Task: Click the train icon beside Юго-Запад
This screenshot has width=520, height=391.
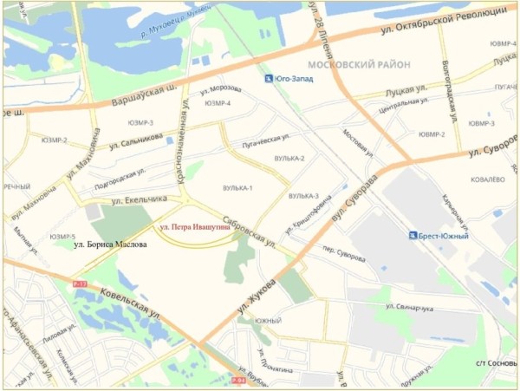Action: coord(268,79)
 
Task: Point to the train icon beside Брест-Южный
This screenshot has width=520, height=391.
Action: coord(411,235)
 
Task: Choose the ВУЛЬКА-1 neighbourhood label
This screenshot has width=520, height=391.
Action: coord(237,188)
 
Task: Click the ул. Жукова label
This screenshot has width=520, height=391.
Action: coord(261,292)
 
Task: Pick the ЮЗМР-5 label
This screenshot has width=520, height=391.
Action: coord(62,237)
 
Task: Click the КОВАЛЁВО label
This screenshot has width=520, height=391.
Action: coord(487,179)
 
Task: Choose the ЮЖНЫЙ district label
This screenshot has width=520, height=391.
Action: coord(268,322)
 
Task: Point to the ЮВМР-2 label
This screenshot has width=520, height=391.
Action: coord(432,134)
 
